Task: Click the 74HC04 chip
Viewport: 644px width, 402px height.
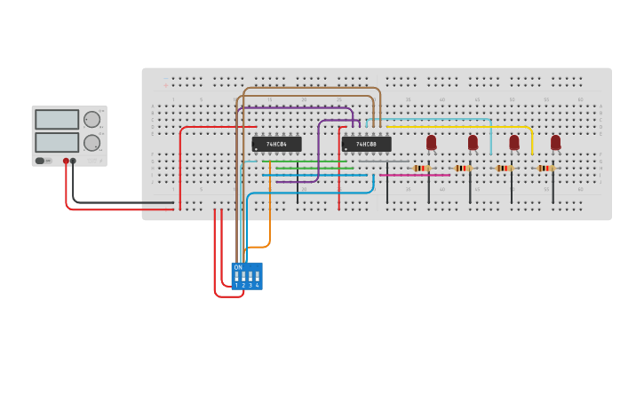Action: click(276, 144)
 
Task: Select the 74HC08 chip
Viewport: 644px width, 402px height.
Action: click(366, 144)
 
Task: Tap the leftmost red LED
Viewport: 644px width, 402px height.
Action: click(431, 142)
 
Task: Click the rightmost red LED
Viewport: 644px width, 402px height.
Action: click(555, 142)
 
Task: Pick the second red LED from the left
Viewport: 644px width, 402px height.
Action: click(473, 142)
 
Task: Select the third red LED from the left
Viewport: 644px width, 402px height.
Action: click(513, 142)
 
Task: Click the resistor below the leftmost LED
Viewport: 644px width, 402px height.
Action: click(421, 168)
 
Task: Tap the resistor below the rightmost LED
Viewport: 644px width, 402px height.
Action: click(545, 168)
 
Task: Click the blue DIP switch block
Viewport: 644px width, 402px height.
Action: click(247, 276)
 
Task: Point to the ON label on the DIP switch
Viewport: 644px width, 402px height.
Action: click(238, 267)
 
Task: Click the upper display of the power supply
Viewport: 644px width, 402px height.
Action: click(57, 120)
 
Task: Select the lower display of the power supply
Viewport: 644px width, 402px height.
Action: click(57, 142)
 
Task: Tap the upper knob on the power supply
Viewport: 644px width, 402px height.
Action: click(91, 120)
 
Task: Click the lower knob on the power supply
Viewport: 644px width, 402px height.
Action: click(91, 143)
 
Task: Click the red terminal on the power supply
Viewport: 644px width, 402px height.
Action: click(66, 162)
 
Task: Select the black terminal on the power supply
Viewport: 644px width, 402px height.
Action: click(73, 162)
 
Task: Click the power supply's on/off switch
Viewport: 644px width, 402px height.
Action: click(40, 161)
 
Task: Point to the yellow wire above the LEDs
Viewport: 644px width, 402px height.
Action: click(462, 127)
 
